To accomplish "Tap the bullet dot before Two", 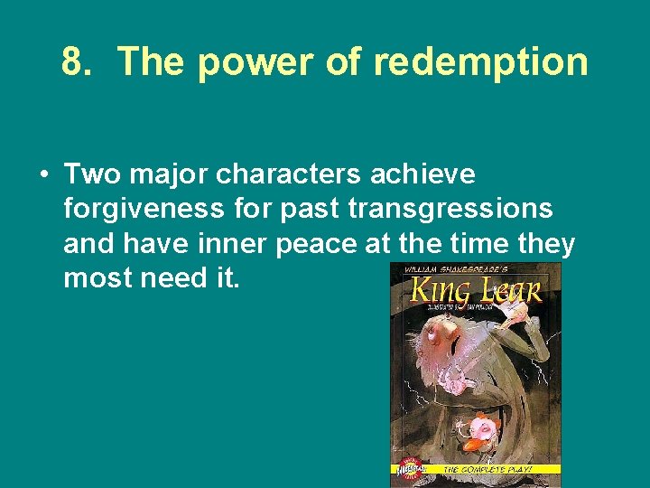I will pyautogui.click(x=43, y=174).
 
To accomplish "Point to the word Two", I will pyautogui.click(x=93, y=174).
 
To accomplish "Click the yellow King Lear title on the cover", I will pyautogui.click(x=475, y=291).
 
